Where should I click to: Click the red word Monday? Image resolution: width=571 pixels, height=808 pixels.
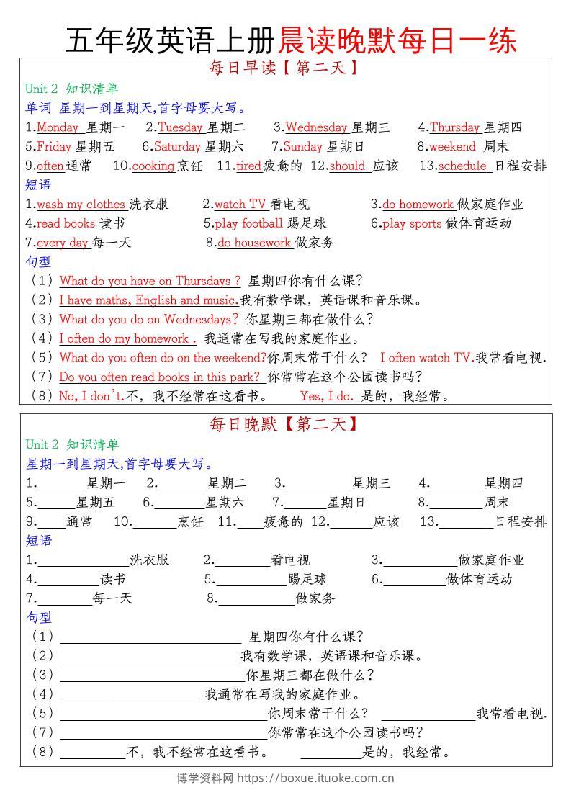[x=58, y=127]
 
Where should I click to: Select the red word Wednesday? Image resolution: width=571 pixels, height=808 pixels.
[x=316, y=127]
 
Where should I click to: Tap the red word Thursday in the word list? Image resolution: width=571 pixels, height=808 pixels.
[x=454, y=127]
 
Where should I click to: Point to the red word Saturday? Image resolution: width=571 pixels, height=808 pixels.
[x=177, y=147]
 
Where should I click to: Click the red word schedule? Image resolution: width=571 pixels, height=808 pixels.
[x=462, y=166]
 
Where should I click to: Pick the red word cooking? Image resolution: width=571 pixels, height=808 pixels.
[x=153, y=166]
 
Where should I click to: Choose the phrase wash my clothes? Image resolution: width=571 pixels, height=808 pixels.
[x=81, y=205]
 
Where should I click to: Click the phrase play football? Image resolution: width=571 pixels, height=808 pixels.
[x=249, y=223]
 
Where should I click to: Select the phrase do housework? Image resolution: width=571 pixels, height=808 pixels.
[x=254, y=243]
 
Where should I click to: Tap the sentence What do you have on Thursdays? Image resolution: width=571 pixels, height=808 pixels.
[x=150, y=281]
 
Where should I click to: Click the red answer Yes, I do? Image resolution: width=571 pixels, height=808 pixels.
[x=327, y=396]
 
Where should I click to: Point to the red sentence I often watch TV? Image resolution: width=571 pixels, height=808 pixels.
[x=426, y=358]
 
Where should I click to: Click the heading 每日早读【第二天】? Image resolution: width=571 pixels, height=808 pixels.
[x=284, y=69]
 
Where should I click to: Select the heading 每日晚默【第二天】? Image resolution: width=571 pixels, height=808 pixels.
[x=284, y=425]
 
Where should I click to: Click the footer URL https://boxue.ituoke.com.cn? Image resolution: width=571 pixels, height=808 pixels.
[x=315, y=778]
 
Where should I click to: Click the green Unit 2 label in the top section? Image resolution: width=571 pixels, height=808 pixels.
[x=41, y=89]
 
